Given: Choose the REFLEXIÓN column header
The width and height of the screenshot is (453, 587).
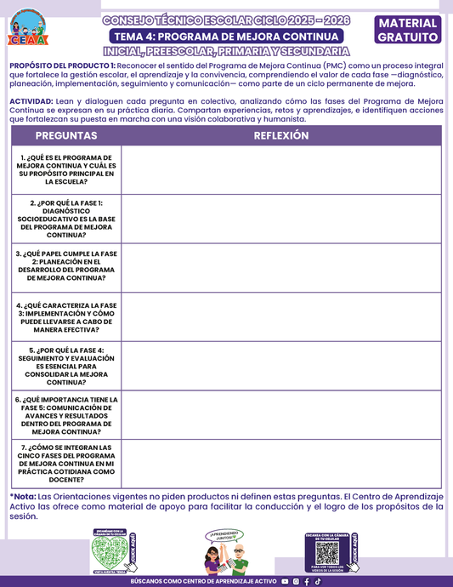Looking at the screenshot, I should click(x=280, y=136).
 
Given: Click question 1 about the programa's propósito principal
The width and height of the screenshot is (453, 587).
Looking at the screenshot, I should click(x=66, y=170).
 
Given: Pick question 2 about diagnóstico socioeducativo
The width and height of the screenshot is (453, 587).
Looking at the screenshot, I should click(x=66, y=219).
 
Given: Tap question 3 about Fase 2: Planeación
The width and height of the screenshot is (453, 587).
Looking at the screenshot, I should click(x=66, y=266).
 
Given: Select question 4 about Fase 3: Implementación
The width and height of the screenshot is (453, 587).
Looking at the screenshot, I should click(x=66, y=316).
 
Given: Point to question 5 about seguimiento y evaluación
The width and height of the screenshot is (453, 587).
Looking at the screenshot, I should click(x=66, y=366).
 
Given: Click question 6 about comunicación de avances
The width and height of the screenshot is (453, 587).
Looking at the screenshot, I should click(x=66, y=415).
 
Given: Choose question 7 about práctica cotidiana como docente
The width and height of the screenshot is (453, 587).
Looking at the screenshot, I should click(x=66, y=464).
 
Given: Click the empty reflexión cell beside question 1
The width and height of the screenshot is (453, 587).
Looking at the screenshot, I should click(x=280, y=170).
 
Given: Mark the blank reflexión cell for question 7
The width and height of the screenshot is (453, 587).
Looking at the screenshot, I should click(x=280, y=464).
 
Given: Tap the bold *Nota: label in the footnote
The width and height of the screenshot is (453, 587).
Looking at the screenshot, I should click(x=23, y=496).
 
